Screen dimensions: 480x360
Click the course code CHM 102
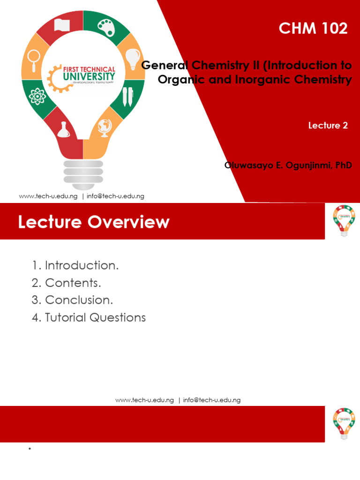tap(313, 29)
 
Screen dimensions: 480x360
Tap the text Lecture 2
tap(328, 125)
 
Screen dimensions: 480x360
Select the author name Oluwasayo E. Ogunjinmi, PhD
tap(288, 165)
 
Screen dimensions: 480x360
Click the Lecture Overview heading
tap(94, 222)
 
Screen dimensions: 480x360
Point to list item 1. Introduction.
tap(75, 265)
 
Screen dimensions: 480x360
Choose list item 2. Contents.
tap(67, 283)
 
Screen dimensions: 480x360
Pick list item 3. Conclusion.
tap(73, 300)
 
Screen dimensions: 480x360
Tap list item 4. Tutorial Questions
tap(89, 317)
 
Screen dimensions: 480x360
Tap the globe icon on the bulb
tap(104, 127)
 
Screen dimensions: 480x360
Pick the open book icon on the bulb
tap(62, 24)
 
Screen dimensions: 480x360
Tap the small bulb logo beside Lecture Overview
tap(344, 220)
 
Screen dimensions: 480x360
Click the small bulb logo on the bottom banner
tap(344, 423)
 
